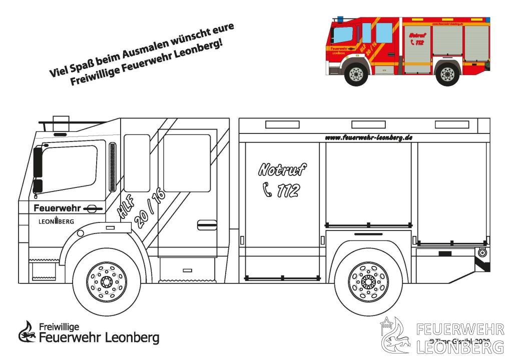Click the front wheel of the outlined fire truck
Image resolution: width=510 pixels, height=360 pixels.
click(107, 282)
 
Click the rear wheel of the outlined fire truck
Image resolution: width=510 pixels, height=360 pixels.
click(368, 282)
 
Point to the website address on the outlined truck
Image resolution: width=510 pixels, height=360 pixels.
click(368, 137)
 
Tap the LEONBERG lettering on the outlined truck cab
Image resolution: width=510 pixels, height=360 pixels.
click(56, 221)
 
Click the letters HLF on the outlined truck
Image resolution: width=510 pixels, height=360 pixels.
click(126, 207)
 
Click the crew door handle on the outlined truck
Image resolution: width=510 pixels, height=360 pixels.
click(207, 224)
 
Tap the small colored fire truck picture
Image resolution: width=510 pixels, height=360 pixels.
click(408, 50)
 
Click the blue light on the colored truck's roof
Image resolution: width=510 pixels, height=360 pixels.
click(340, 19)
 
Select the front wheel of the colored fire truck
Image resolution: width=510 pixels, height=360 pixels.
click(356, 74)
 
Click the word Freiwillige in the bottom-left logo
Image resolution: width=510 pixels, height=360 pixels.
click(59, 327)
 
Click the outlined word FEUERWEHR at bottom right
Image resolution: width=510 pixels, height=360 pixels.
click(459, 329)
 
